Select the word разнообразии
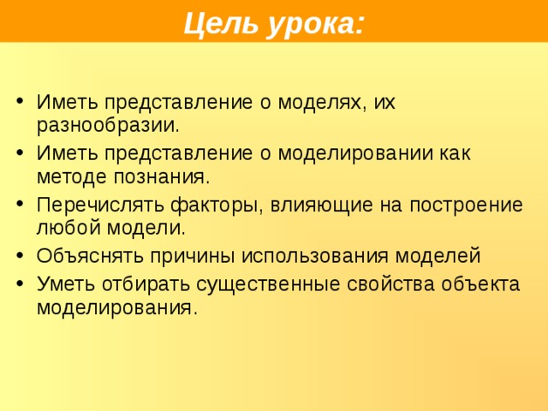[108, 126]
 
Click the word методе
[73, 177]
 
